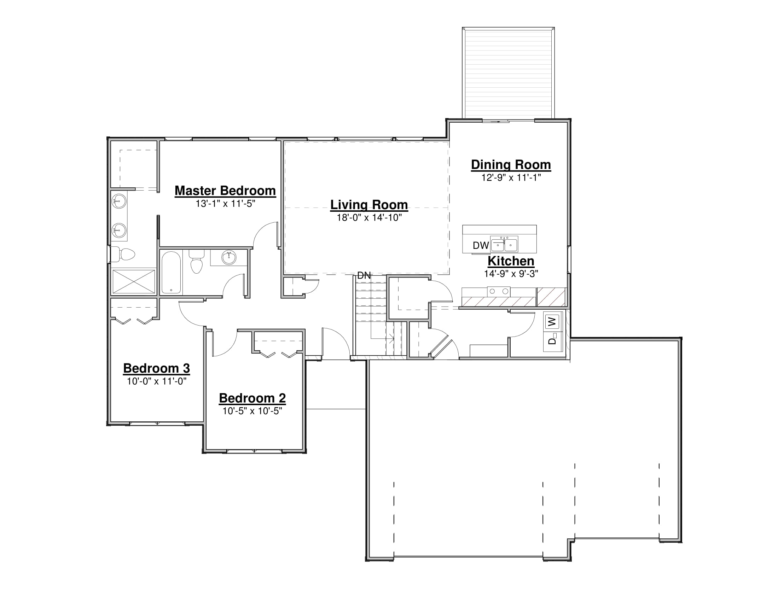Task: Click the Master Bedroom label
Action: [225, 191]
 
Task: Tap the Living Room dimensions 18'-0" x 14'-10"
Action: [369, 217]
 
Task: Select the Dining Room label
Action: [511, 165]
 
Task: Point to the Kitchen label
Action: [511, 261]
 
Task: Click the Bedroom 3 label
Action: [156, 368]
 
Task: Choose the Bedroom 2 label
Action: [252, 398]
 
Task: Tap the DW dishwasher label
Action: [481, 245]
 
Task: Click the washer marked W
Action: [552, 321]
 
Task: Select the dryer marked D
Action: [552, 341]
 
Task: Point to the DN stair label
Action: [364, 275]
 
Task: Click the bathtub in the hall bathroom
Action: [172, 272]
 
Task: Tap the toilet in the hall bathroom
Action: [196, 261]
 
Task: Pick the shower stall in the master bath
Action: [134, 282]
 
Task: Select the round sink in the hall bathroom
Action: [229, 257]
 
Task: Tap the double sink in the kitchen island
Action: [504, 244]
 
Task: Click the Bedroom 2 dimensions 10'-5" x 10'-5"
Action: [252, 411]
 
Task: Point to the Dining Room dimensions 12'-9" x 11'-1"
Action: [511, 178]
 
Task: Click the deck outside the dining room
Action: [508, 72]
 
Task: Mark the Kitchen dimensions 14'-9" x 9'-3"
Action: [511, 274]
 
